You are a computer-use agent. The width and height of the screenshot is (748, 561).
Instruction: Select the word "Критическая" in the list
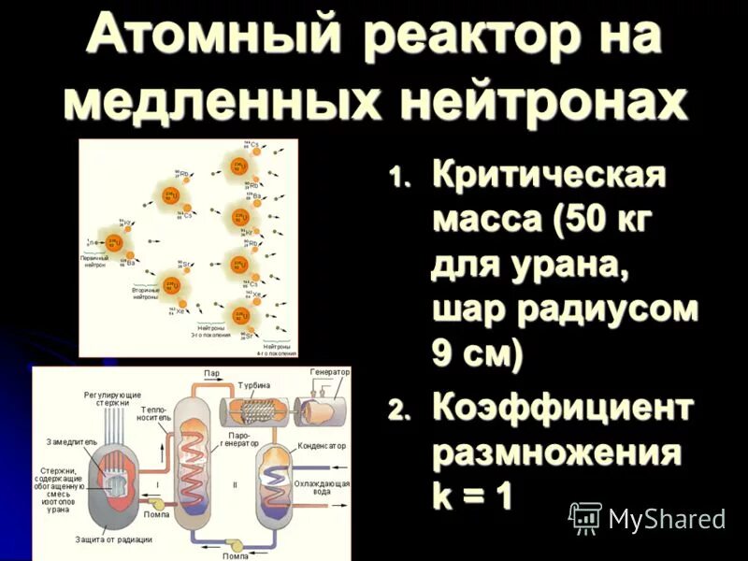pyautogui.click(x=550, y=177)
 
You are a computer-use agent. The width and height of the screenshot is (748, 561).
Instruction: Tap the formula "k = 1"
pyautogui.click(x=472, y=496)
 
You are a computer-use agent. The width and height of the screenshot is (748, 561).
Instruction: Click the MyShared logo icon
pyautogui.click(x=585, y=517)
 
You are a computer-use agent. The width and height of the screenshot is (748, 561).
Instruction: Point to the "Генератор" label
pyautogui.click(x=330, y=371)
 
